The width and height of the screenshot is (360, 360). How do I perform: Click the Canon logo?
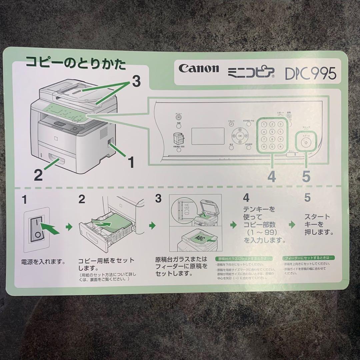pyautogui.click(x=199, y=69)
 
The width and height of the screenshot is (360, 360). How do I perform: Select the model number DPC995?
pyautogui.click(x=310, y=73)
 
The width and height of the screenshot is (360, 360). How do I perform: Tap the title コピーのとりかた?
pyautogui.click(x=76, y=64)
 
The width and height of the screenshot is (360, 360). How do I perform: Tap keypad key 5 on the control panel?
pyautogui.click(x=272, y=132)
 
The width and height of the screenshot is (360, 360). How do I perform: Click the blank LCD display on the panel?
pyautogui.click(x=209, y=135)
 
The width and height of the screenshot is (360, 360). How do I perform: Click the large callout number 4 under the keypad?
pyautogui.click(x=272, y=177)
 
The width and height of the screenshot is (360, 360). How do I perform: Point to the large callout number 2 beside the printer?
pyautogui.click(x=39, y=175)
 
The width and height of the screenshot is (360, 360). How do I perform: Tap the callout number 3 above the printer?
pyautogui.click(x=136, y=81)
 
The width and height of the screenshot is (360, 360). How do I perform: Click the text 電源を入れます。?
pyautogui.click(x=43, y=261)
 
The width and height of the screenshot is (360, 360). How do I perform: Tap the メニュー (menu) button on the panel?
pyautogui.click(x=179, y=117)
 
